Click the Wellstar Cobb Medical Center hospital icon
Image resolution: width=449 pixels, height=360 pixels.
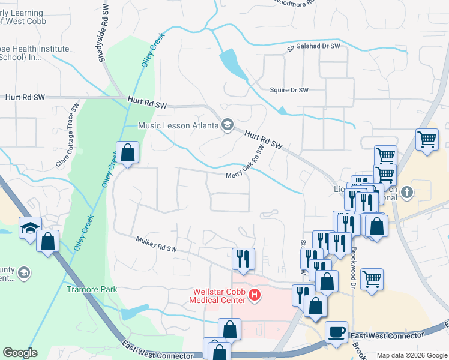[x=255, y=296]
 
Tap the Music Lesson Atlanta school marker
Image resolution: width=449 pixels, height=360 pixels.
[x=228, y=125]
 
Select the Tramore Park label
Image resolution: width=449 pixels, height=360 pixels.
[x=92, y=289]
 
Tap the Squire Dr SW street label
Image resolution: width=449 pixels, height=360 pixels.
[x=289, y=90]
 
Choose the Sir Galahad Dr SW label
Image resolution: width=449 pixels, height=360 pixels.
[x=313, y=46]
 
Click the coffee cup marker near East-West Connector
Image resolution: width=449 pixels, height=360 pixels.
[x=336, y=332]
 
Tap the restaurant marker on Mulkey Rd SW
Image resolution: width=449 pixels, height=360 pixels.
[x=244, y=259]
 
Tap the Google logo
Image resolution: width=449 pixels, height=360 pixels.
[x=20, y=353]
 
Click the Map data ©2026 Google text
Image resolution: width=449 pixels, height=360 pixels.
[x=412, y=355]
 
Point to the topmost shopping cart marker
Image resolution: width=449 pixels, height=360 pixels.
[x=427, y=140]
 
